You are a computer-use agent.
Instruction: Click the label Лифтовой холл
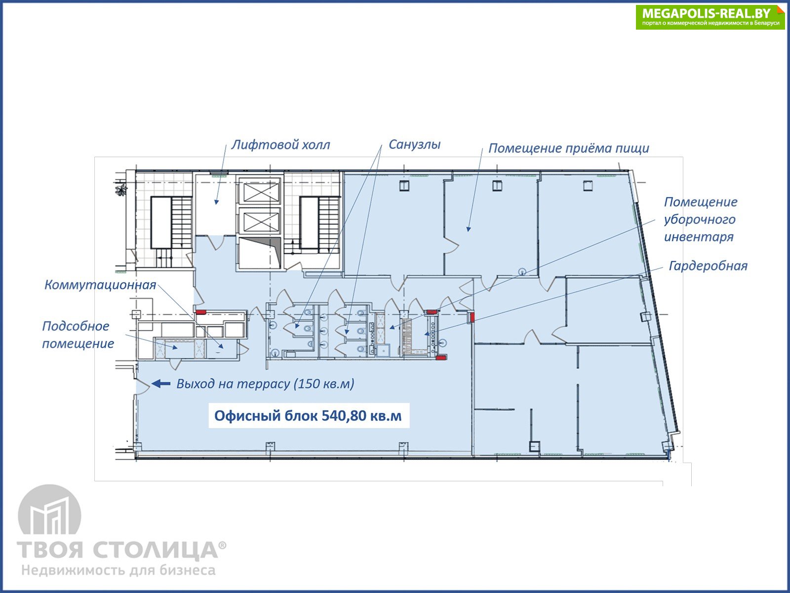pos(280,145)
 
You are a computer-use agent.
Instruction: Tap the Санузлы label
pos(414,144)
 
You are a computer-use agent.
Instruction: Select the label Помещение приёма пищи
pos(569,148)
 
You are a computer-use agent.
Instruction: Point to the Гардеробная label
pos(708,266)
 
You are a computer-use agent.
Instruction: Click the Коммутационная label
pos(100,285)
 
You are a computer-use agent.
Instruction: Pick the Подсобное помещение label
pos(78,335)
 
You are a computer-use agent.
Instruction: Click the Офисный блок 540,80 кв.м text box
pos(309,416)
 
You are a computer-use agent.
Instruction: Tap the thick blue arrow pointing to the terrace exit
pos(161,384)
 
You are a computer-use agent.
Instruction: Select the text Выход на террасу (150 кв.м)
pos(265,384)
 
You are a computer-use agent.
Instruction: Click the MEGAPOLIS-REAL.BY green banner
pos(710,17)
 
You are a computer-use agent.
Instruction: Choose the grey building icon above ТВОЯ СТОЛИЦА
pos(50,510)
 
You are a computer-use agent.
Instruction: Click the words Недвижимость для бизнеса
pos(118,570)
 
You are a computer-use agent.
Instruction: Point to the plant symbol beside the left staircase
pos(121,189)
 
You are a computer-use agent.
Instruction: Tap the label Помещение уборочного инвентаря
pos(700,219)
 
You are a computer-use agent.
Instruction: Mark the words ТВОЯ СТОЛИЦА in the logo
pos(118,550)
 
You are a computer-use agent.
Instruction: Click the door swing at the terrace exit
pos(143,386)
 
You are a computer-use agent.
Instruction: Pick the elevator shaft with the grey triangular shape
pos(260,252)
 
